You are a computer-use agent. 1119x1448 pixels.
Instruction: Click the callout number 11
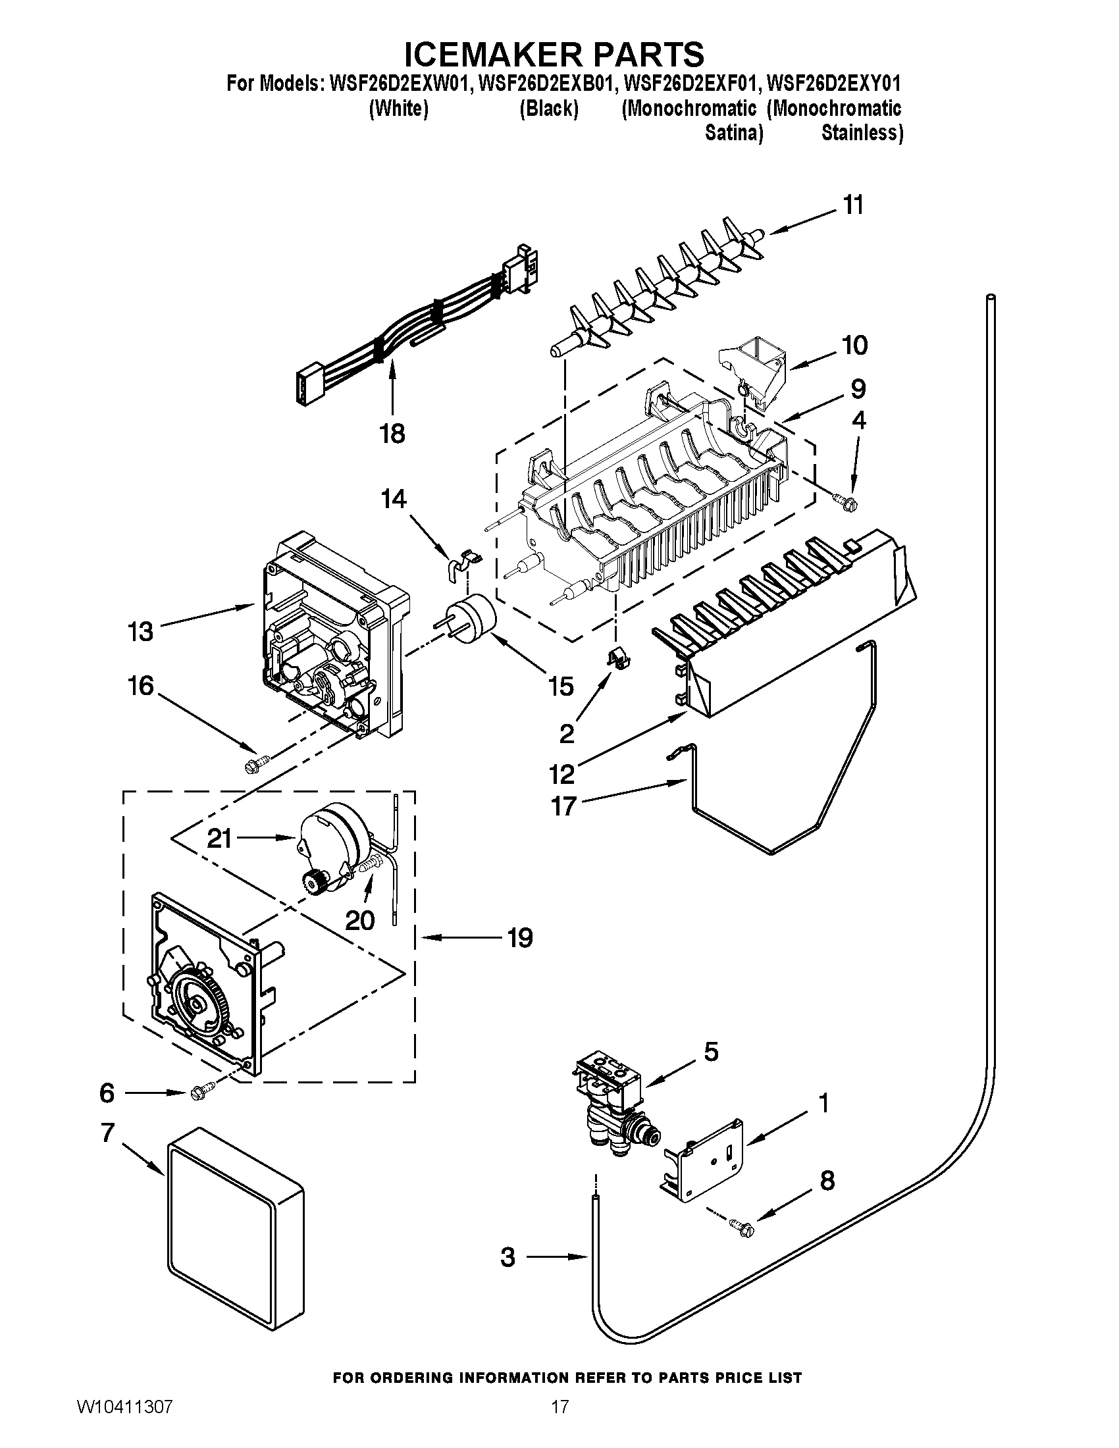(x=853, y=205)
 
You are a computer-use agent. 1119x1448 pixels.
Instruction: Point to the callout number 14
(x=394, y=499)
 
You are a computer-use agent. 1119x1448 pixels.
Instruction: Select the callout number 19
(x=520, y=938)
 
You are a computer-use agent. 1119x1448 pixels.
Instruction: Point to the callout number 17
(x=563, y=807)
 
